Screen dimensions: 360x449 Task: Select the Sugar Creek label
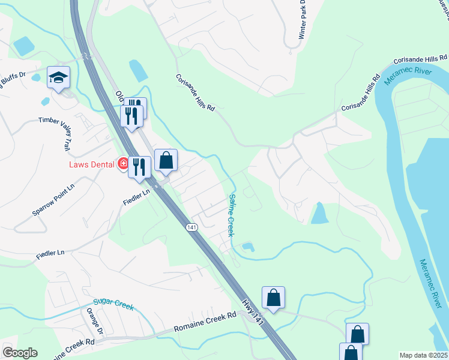[113, 305]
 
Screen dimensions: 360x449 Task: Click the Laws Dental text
[93, 163]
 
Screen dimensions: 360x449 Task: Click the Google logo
[20, 353]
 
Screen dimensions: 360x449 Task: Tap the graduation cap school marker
[59, 78]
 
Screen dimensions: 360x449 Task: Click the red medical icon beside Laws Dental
[123, 163]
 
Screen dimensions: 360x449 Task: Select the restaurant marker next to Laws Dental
[139, 166]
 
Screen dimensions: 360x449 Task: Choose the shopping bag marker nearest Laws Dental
[166, 161]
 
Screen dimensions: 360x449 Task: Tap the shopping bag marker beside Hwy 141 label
[273, 298]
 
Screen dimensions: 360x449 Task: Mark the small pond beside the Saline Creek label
[247, 247]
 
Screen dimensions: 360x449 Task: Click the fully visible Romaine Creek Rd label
[205, 323]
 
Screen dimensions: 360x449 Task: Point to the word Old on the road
[119, 95]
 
